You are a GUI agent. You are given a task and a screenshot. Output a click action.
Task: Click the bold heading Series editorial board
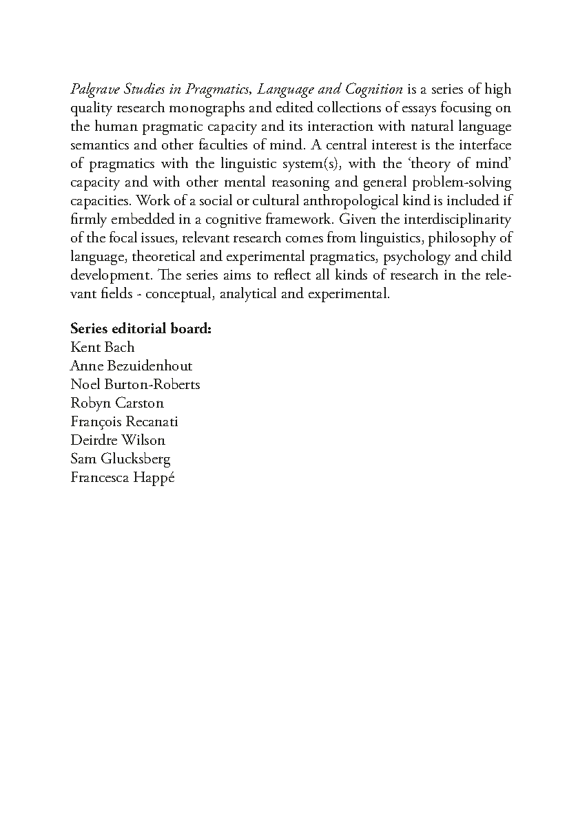[141, 328]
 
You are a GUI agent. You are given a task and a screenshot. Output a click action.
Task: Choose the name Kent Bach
[103, 347]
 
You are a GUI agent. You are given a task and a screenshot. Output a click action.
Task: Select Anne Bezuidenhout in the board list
[131, 366]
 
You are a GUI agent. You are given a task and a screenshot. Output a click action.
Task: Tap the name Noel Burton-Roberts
[135, 384]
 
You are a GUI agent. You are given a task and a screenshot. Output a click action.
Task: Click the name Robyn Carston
[117, 403]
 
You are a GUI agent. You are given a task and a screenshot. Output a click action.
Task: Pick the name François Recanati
[124, 421]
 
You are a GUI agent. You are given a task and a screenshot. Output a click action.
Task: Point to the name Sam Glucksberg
[120, 459]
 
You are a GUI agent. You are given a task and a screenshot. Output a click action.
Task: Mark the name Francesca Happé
[123, 478]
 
